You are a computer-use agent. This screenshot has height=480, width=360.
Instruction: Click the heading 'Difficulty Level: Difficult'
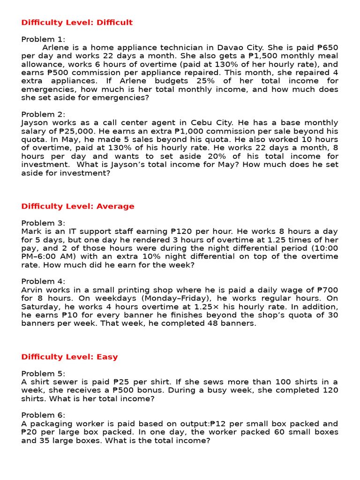(77, 22)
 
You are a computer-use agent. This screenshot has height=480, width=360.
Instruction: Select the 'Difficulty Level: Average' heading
(78, 206)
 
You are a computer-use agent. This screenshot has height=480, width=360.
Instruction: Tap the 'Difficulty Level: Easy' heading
(69, 357)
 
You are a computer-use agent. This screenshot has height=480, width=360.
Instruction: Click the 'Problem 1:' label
(44, 39)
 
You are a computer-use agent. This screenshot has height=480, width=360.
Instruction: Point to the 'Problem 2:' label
(44, 114)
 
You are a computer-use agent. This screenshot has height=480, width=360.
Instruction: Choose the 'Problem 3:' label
(44, 223)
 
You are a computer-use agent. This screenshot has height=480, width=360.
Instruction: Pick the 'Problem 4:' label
(44, 281)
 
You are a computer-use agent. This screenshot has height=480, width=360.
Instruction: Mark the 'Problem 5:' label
(44, 374)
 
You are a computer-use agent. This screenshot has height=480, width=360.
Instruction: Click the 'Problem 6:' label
(44, 415)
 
